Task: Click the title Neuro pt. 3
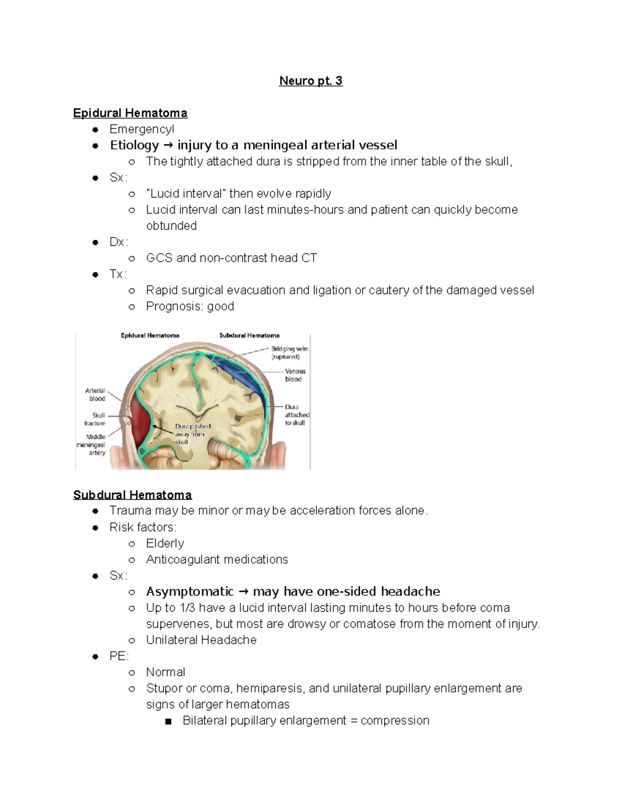tap(310, 81)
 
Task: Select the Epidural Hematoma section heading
tap(130, 113)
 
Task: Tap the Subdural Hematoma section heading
tap(132, 495)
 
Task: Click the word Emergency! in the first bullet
tap(142, 129)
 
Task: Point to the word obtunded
tap(171, 226)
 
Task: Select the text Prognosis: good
tap(190, 306)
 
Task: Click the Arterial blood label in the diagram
tap(96, 394)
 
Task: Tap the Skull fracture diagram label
tap(95, 419)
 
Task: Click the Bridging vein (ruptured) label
tap(289, 352)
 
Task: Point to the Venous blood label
tap(294, 375)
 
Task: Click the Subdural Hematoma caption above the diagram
tap(249, 335)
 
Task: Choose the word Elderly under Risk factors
tap(165, 543)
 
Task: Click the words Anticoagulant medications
tap(217, 559)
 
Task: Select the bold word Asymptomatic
tap(190, 591)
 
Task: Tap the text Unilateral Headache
tap(201, 640)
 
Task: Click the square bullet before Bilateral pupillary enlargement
tap(167, 721)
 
